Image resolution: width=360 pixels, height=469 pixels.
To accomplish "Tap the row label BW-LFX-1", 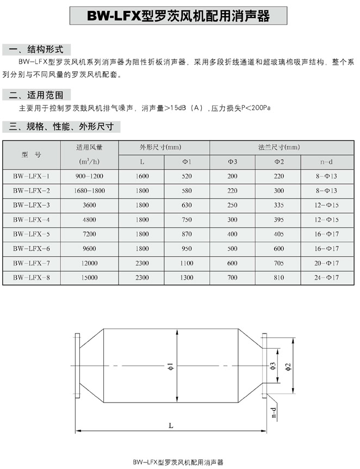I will (32, 176).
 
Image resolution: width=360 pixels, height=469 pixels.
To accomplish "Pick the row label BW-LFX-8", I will (32, 277).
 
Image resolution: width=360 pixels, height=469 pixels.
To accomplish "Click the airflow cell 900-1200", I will (90, 176).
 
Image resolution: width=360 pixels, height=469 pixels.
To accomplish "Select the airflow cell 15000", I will (90, 277).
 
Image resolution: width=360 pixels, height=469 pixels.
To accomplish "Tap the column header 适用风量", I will (90, 147).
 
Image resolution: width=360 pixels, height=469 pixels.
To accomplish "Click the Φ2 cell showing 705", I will (279, 263).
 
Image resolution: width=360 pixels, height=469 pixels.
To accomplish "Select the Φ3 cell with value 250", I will (233, 205).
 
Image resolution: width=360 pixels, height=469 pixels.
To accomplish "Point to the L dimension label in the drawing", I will (171, 426).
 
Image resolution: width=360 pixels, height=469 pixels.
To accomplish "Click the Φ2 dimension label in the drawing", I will (289, 366).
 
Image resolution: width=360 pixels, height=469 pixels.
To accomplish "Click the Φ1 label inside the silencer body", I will (170, 367).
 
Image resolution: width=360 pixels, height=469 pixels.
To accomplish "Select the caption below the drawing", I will (179, 462).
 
